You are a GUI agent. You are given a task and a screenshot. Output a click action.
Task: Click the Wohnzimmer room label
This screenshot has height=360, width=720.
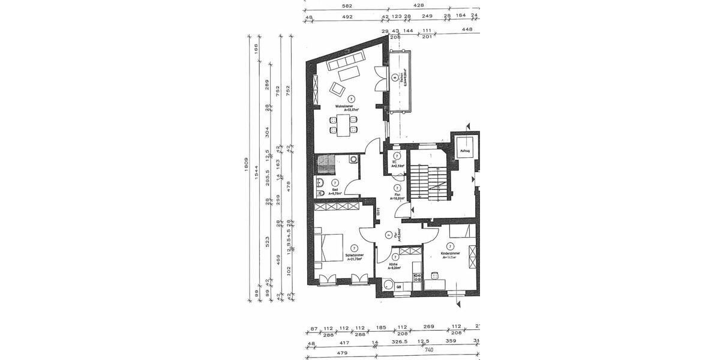pyautogui.click(x=347, y=107)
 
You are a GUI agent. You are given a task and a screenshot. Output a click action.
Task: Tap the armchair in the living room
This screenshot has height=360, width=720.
pyautogui.click(x=337, y=90)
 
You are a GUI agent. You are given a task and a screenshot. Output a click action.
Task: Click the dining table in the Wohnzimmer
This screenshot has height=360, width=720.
pyautogui.click(x=343, y=124)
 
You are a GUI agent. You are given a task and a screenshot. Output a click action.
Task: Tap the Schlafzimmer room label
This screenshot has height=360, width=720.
pyautogui.click(x=355, y=256)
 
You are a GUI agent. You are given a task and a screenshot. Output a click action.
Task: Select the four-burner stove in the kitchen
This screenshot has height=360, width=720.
pyautogui.click(x=417, y=275)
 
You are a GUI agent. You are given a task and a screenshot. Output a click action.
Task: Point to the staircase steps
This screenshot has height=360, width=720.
pyautogui.click(x=428, y=187)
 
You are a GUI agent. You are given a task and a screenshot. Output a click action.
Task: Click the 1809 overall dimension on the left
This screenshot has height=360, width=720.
pyautogui.click(x=247, y=168)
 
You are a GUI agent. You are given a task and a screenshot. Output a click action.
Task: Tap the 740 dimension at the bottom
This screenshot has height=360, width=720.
pyautogui.click(x=428, y=349)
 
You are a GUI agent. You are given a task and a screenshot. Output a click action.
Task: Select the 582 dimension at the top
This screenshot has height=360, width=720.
pyautogui.click(x=346, y=6)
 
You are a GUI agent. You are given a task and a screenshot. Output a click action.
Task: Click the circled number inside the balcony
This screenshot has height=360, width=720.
pyautogui.click(x=395, y=77)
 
